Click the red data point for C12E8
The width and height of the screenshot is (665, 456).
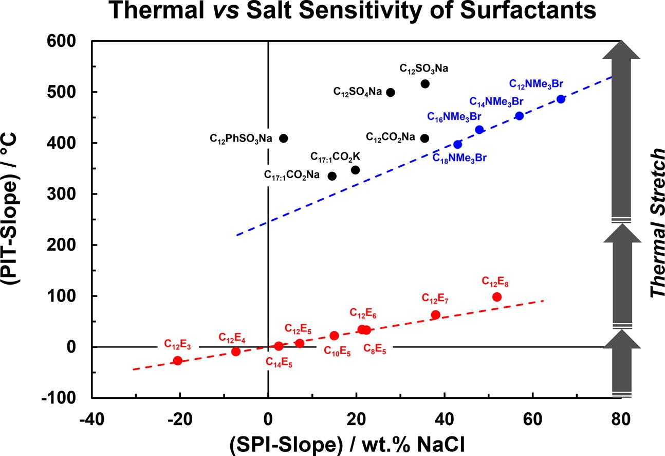(x=497, y=296)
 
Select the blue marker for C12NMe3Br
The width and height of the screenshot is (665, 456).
(x=561, y=99)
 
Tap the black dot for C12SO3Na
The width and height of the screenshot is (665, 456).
(x=425, y=83)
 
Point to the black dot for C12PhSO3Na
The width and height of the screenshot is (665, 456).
(x=283, y=138)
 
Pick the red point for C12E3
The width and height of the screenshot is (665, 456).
(x=178, y=360)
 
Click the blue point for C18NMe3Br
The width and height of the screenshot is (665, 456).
(x=458, y=144)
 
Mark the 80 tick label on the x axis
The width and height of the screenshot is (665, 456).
(x=620, y=417)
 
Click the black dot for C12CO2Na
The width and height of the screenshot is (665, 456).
(x=424, y=138)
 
